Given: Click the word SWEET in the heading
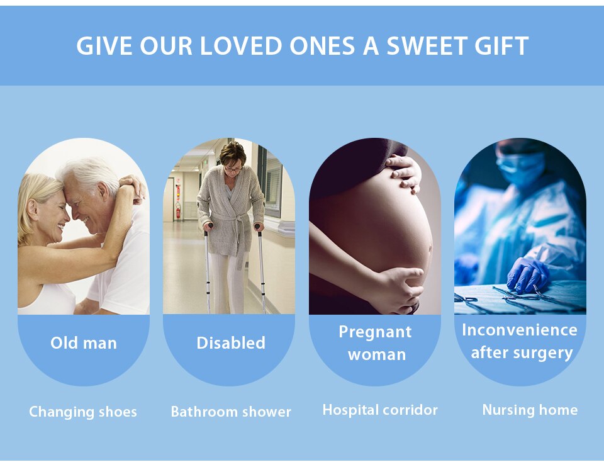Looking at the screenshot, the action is coord(428,46).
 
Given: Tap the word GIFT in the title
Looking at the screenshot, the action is coord(501,46).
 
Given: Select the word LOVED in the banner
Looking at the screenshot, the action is coord(241,46).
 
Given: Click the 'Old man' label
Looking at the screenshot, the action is coord(84,343).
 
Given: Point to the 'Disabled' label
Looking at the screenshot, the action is coord(231,342).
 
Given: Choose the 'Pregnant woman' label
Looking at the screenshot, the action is coord(376,343).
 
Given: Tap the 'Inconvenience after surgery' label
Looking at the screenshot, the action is coord(520,341).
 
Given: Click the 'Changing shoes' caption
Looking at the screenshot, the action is coord(83,412).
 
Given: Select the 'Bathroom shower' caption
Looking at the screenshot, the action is coord(231,412).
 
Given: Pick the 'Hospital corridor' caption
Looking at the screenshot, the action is coord(380,410).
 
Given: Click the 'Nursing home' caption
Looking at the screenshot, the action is coord(530,410).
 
